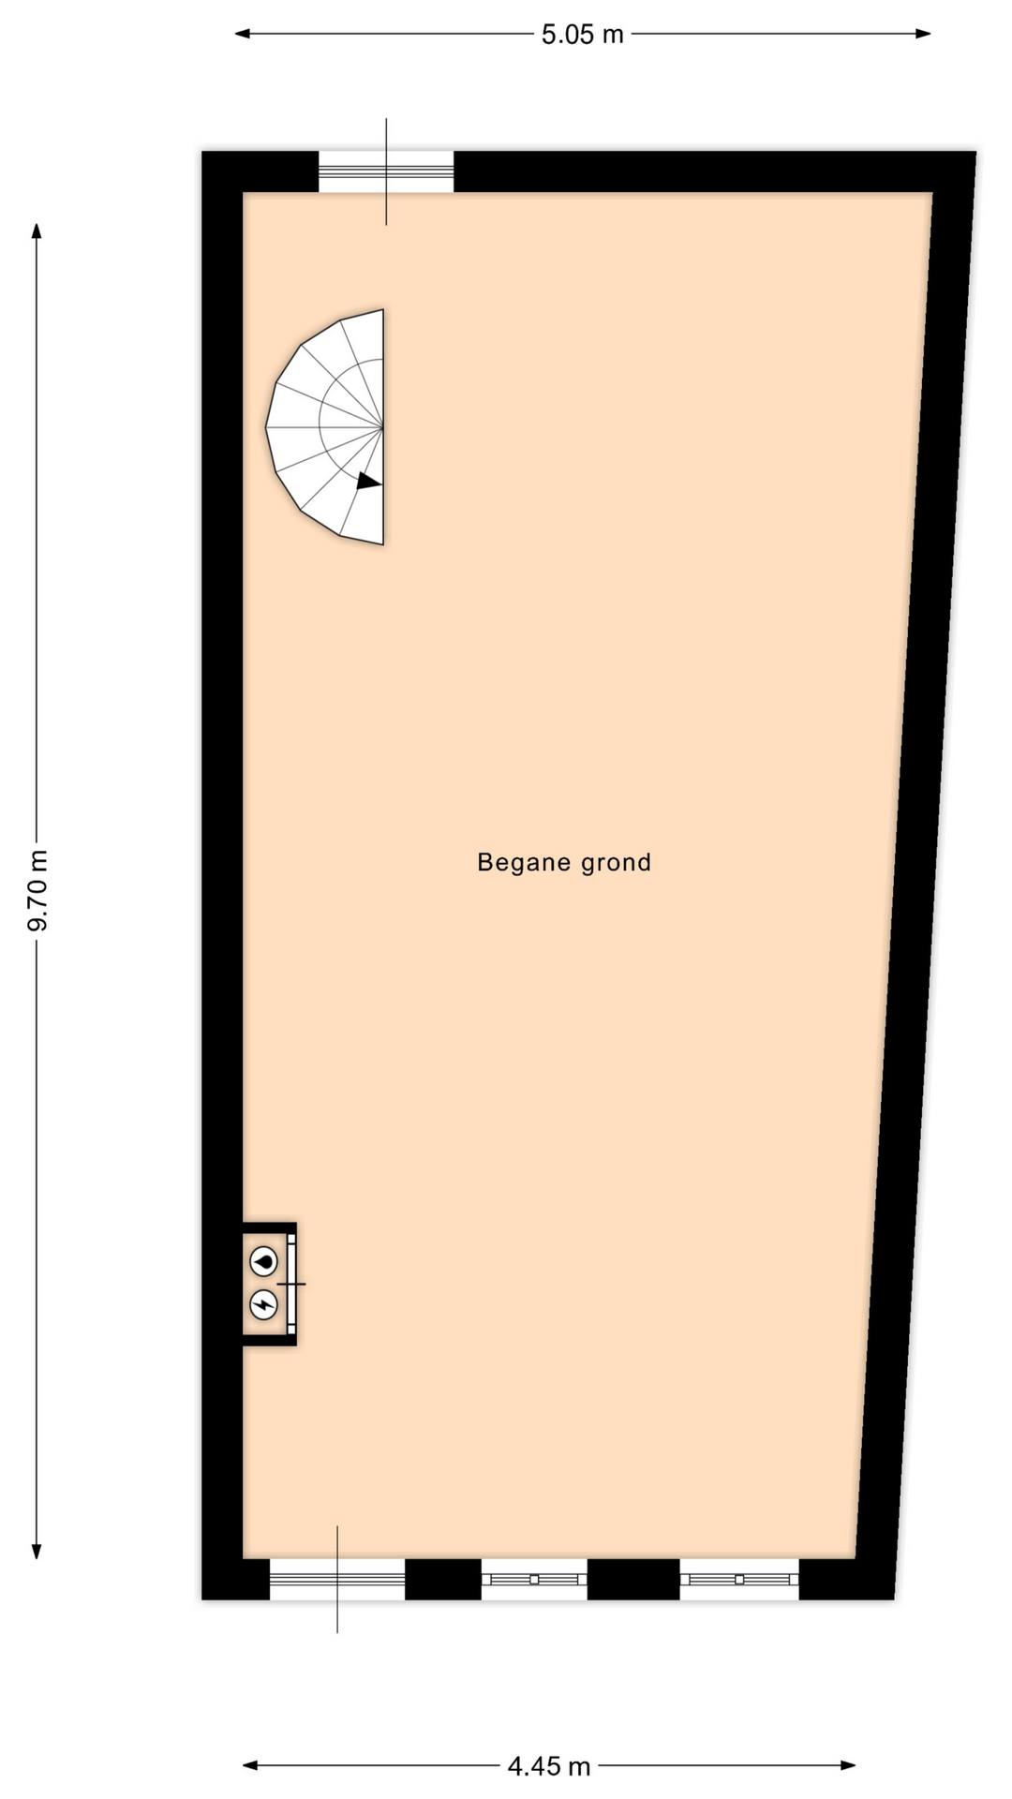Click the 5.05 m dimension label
pyautogui.click(x=582, y=35)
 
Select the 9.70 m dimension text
pyautogui.click(x=37, y=891)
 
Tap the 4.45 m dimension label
pyautogui.click(x=549, y=1766)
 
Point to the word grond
pyautogui.click(x=616, y=863)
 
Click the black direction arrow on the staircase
pyautogui.click(x=368, y=481)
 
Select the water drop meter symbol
pyautogui.click(x=264, y=1262)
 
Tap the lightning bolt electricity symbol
pyautogui.click(x=264, y=1304)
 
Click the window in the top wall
pyautogui.click(x=386, y=171)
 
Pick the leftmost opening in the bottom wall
pyautogui.click(x=337, y=1580)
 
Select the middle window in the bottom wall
pyautogui.click(x=534, y=1580)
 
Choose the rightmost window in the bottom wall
pyautogui.click(x=739, y=1580)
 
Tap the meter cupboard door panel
pyautogui.click(x=291, y=1284)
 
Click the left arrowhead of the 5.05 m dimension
pyautogui.click(x=242, y=34)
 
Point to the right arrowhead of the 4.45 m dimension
pyautogui.click(x=849, y=1765)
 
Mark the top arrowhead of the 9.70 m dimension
pyautogui.click(x=37, y=230)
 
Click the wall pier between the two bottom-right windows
pyautogui.click(x=633, y=1580)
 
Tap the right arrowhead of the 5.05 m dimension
pyautogui.click(x=923, y=34)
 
